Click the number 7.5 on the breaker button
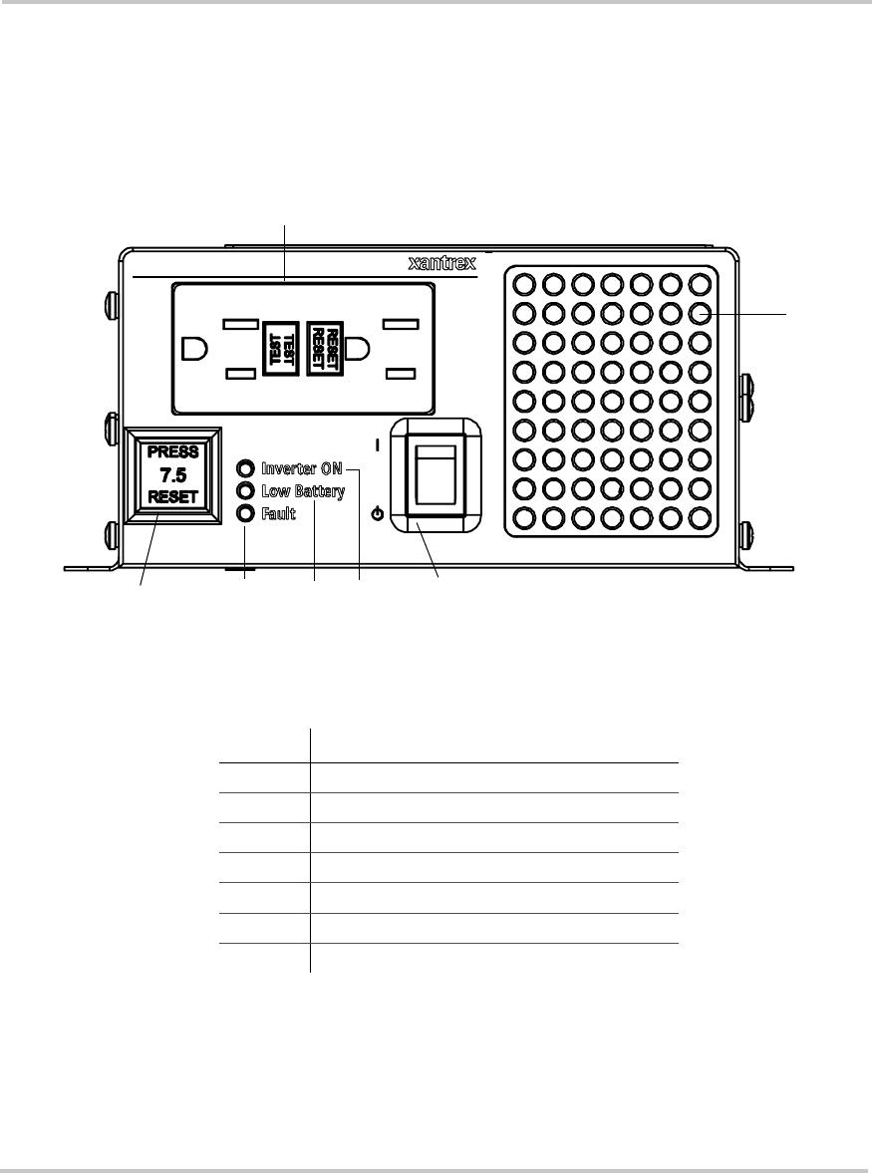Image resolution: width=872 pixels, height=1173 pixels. pos(174,474)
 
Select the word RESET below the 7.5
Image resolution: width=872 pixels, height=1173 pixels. pos(174,497)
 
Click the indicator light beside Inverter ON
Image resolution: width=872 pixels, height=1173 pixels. pos(245,468)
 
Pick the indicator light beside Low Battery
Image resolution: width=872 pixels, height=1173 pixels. pos(245,490)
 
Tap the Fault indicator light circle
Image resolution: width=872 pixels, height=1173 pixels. pos(245,513)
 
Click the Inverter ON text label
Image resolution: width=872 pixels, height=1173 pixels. pos(301,468)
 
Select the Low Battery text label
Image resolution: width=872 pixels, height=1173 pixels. pos(303,491)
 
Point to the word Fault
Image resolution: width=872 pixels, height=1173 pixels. pos(280,514)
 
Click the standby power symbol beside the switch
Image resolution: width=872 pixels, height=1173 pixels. pos(376,515)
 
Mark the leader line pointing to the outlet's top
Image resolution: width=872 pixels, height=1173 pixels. pos(285,249)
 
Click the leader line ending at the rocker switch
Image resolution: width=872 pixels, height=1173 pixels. pos(430,553)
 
